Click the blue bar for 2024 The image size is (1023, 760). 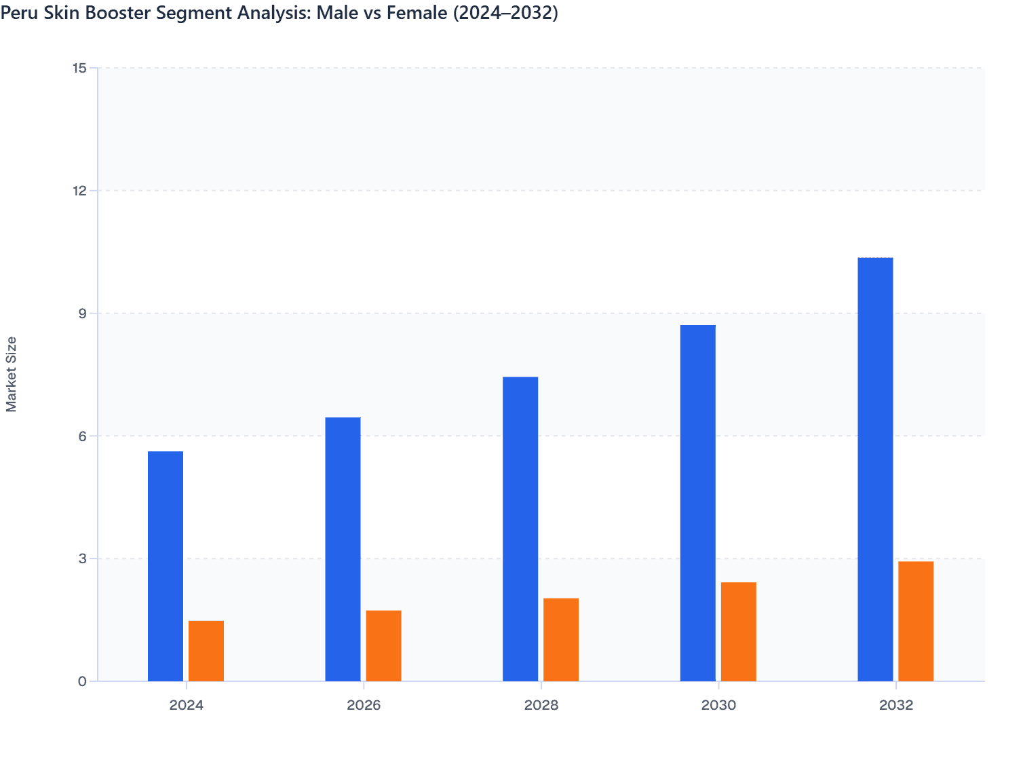pyautogui.click(x=166, y=566)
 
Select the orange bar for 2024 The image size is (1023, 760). pyautogui.click(x=206, y=651)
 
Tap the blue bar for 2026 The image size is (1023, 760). pyautogui.click(x=343, y=549)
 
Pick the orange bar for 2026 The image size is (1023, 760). pyautogui.click(x=383, y=645)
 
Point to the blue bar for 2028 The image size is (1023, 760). pyautogui.click(x=520, y=529)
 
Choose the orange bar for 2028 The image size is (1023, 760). pyautogui.click(x=561, y=639)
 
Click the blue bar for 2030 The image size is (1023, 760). pyautogui.click(x=697, y=503)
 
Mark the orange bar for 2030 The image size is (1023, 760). pyautogui.click(x=738, y=631)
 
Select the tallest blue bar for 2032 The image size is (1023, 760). pyautogui.click(x=875, y=469)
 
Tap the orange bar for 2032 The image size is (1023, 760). pyautogui.click(x=916, y=621)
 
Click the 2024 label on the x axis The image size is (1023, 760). pyautogui.click(x=187, y=705)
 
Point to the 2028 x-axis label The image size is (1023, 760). pyautogui.click(x=541, y=705)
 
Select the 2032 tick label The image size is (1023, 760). pyautogui.click(x=896, y=705)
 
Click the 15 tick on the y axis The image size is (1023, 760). pyautogui.click(x=79, y=68)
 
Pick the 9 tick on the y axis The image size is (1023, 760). pyautogui.click(x=82, y=313)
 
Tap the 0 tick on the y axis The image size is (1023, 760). pyautogui.click(x=82, y=681)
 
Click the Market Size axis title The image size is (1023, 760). pyautogui.click(x=12, y=374)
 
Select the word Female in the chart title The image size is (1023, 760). pyautogui.click(x=412, y=13)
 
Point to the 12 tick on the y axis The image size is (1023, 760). pyautogui.click(x=79, y=191)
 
